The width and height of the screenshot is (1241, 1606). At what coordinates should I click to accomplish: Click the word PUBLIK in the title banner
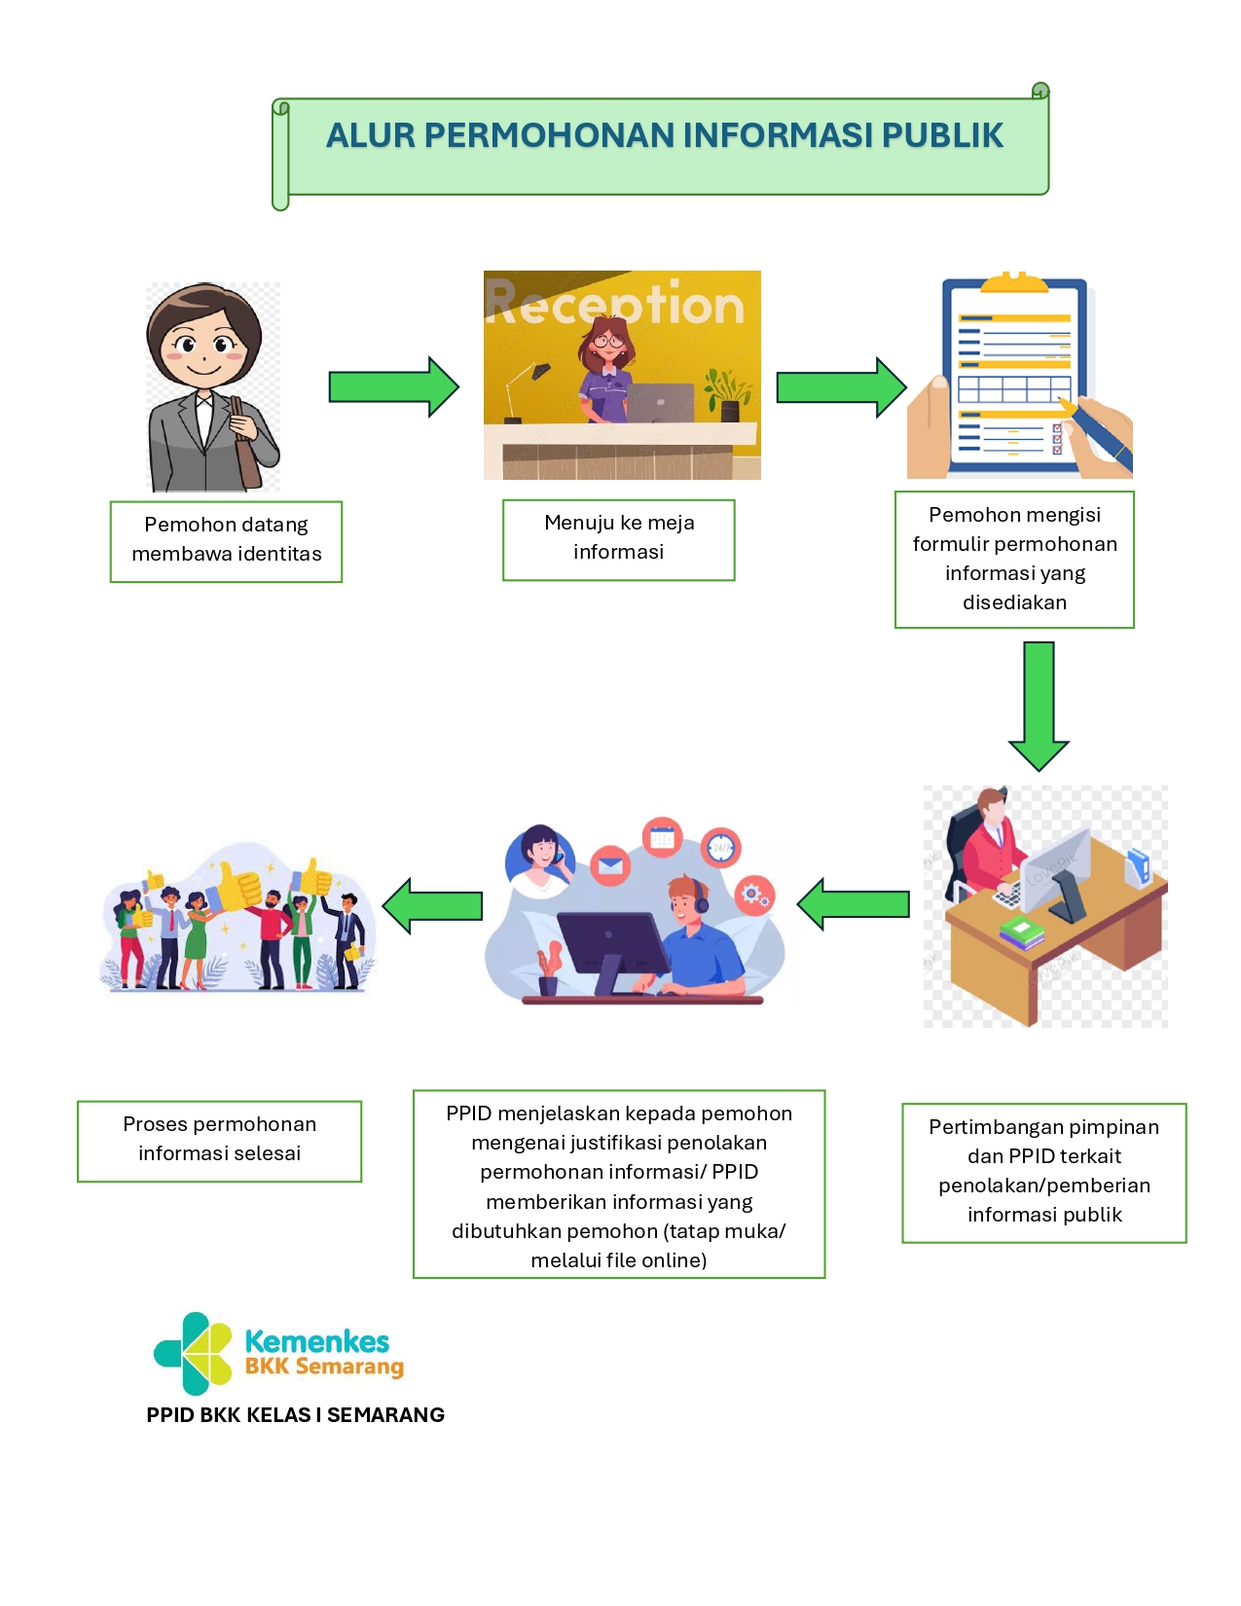941,135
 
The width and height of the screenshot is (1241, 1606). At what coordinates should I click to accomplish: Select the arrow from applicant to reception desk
393,386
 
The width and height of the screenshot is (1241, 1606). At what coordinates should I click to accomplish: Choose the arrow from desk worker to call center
854,904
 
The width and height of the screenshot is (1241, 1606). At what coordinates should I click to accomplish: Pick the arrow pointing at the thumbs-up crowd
433,906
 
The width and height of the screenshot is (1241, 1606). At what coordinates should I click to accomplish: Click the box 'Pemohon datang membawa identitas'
226,541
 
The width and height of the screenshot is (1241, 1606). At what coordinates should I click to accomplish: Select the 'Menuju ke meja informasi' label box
618,540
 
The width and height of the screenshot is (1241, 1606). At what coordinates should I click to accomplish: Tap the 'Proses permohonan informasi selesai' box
219,1141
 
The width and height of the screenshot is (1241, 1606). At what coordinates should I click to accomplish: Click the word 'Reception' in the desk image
615,304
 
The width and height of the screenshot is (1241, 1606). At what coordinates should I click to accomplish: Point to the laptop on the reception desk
659,402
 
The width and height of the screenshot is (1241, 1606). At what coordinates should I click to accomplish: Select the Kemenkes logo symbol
194,1353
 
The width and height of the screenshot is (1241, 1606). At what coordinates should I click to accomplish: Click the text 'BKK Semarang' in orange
324,1367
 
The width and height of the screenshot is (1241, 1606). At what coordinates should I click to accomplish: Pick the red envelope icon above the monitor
610,864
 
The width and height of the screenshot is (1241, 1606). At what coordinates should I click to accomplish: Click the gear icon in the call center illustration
754,894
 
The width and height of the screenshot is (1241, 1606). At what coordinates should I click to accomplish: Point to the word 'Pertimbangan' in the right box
992,1127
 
